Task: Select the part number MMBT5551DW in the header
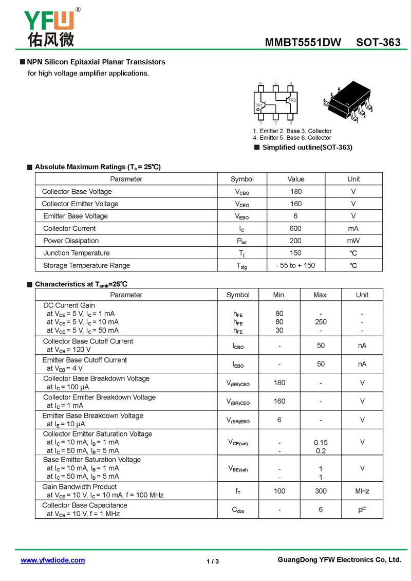(x=303, y=43)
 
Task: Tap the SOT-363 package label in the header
(x=378, y=43)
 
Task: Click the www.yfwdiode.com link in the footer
(x=52, y=560)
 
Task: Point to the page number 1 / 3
(x=212, y=561)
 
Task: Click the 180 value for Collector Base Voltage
(x=295, y=191)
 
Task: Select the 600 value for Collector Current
(x=295, y=228)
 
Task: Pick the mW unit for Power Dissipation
(x=353, y=241)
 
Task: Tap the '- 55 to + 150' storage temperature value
(x=295, y=265)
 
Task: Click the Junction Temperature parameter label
(x=77, y=253)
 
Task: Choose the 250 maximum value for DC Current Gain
(x=321, y=322)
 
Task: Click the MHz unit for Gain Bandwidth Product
(x=362, y=491)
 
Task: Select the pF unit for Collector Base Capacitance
(x=362, y=510)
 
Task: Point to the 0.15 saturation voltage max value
(x=321, y=442)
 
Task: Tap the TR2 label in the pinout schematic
(x=292, y=100)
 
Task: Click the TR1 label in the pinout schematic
(x=258, y=105)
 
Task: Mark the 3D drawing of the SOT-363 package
(x=348, y=102)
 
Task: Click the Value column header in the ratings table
(x=295, y=179)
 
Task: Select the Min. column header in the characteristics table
(x=279, y=295)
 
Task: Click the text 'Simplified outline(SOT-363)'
(x=307, y=148)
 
